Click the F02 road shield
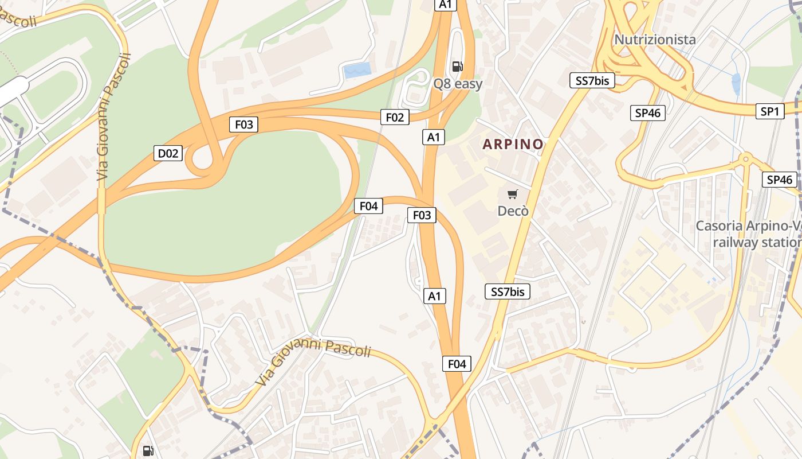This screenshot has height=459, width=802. point(395,117)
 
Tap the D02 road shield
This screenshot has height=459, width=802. point(168,153)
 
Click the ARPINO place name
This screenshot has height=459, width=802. point(513,144)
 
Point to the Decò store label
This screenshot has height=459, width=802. point(513,211)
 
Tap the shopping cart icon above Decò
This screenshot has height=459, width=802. point(513,195)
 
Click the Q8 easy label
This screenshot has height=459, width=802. point(457,84)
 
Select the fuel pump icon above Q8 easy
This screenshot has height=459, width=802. point(457,67)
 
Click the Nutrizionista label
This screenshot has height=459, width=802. point(655,40)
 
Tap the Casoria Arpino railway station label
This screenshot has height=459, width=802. point(748,234)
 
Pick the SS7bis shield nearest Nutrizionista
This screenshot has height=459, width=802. point(592,80)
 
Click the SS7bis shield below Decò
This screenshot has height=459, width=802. point(508,291)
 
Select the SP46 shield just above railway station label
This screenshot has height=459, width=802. point(780,180)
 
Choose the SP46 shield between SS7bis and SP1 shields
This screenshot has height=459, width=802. point(648,113)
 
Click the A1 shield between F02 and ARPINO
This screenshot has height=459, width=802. point(434,137)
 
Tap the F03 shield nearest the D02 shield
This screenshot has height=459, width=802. point(244,124)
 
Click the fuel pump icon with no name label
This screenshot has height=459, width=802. point(148,451)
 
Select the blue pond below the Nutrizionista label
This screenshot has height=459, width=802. point(736,84)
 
